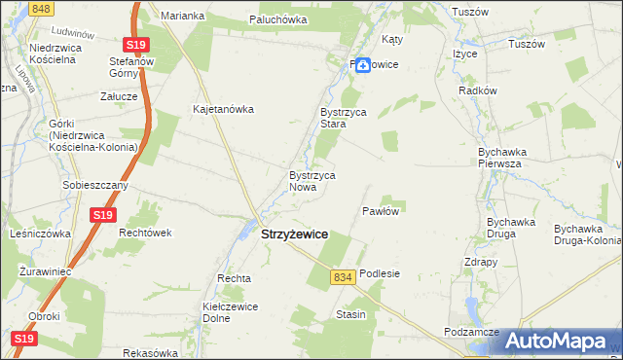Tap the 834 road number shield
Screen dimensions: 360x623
(x=341, y=277)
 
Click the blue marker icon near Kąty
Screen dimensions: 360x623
(x=361, y=65)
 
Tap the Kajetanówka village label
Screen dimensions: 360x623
(x=223, y=110)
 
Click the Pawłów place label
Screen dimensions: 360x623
(x=382, y=210)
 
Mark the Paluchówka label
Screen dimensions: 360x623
(x=277, y=19)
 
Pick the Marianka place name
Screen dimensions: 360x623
(x=182, y=16)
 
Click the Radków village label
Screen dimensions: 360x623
(x=478, y=90)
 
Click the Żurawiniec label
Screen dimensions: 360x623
(x=45, y=274)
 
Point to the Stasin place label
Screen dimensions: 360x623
(x=350, y=314)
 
